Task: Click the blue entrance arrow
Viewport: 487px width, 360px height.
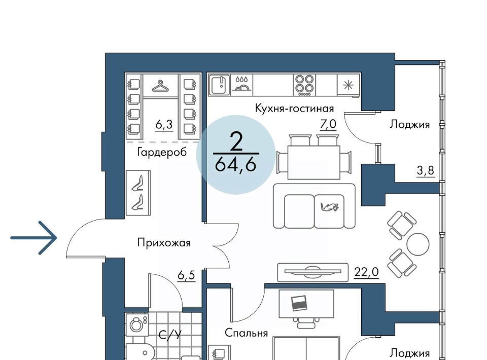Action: tap(33, 238)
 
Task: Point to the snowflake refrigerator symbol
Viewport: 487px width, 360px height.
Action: tap(349, 85)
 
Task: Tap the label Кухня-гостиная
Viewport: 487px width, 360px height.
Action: tap(294, 109)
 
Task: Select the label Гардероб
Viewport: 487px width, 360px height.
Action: tap(162, 152)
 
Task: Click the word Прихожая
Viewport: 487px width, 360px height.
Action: tap(164, 242)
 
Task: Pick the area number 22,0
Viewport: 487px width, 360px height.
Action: tap(366, 272)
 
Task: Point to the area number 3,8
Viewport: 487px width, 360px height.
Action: tap(425, 171)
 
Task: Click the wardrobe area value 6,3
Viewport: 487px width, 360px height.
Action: tap(164, 124)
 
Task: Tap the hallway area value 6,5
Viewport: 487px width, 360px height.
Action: tap(186, 275)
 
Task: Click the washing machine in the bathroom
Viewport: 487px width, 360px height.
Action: tap(137, 323)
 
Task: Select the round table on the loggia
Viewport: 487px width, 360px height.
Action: tap(418, 244)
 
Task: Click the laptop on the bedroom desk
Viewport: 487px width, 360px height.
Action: tap(299, 303)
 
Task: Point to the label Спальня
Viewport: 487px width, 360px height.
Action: tap(247, 333)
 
